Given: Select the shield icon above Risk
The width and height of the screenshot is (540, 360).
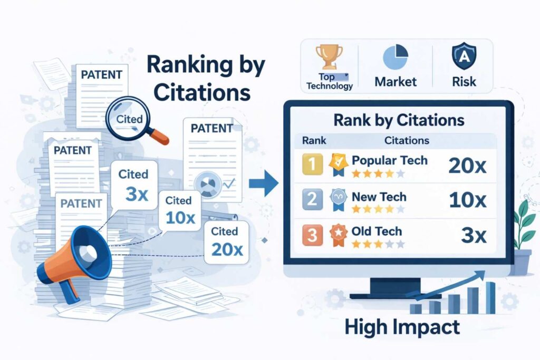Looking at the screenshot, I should click(x=464, y=56).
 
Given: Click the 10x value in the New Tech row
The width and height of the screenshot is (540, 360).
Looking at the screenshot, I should click(x=467, y=201).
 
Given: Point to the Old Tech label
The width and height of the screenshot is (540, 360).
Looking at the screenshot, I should click(x=377, y=231).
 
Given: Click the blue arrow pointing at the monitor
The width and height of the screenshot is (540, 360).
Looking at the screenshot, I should click(x=270, y=184).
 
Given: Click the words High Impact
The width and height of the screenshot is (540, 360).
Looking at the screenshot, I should click(x=402, y=327).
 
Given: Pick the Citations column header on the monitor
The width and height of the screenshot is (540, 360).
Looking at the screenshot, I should click(x=407, y=141).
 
